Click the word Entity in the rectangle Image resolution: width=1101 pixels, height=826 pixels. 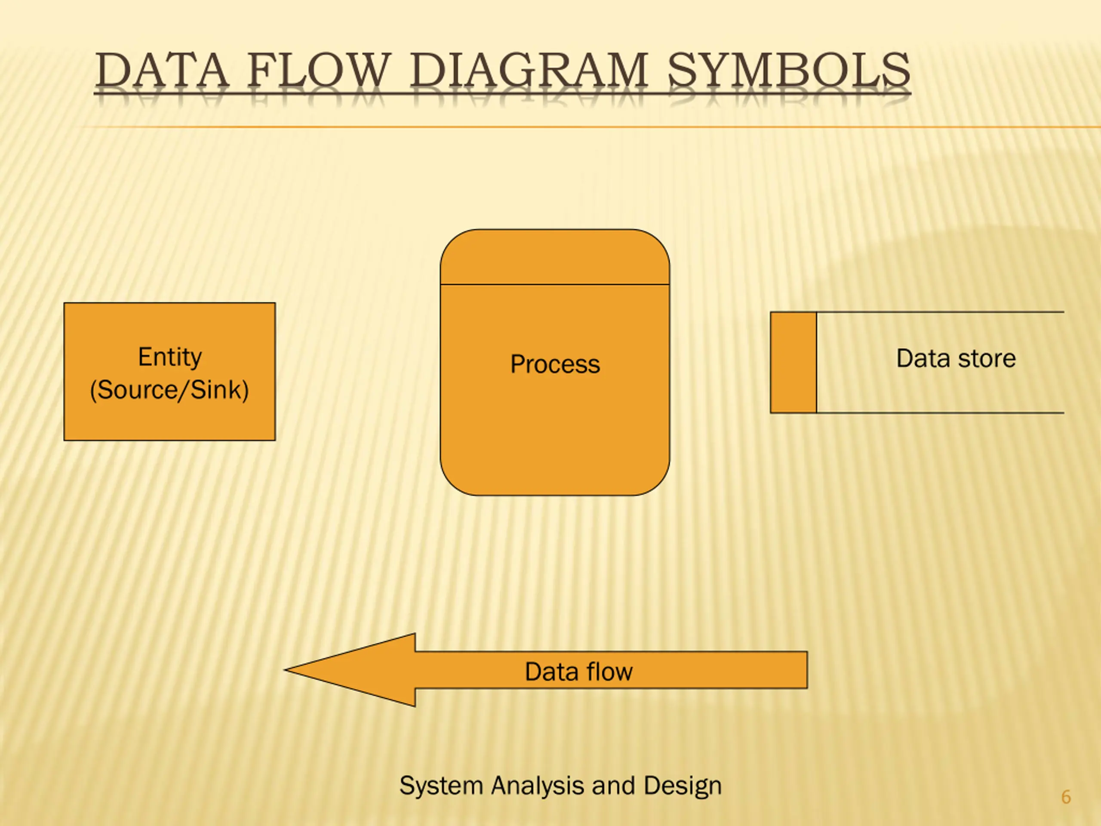pyautogui.click(x=170, y=357)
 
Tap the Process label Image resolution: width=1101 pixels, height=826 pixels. pyautogui.click(x=555, y=364)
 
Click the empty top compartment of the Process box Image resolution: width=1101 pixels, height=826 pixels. pyautogui.click(x=555, y=257)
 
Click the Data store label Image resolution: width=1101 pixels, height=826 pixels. pyautogui.click(x=956, y=358)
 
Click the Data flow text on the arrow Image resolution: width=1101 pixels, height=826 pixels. pyautogui.click(x=578, y=672)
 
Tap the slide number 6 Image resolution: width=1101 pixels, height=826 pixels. pyautogui.click(x=1066, y=797)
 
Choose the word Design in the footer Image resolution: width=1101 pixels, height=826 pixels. pyautogui.click(x=682, y=786)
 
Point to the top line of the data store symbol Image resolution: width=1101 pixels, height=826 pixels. pyautogui.click(x=941, y=312)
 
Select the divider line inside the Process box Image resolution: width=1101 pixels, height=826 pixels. pyautogui.click(x=555, y=285)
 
